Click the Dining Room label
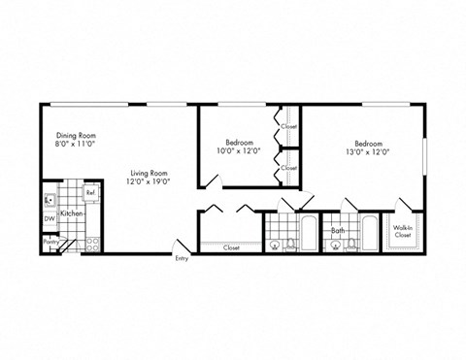73,135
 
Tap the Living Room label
149,174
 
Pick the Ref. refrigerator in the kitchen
90,192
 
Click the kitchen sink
50,201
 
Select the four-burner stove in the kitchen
93,242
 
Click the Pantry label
49,242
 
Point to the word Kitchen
72,213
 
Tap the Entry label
182,258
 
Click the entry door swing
175,246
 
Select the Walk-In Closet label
403,232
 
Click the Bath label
338,231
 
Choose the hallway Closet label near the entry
231,246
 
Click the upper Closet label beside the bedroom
289,126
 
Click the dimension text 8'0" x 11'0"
73,144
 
